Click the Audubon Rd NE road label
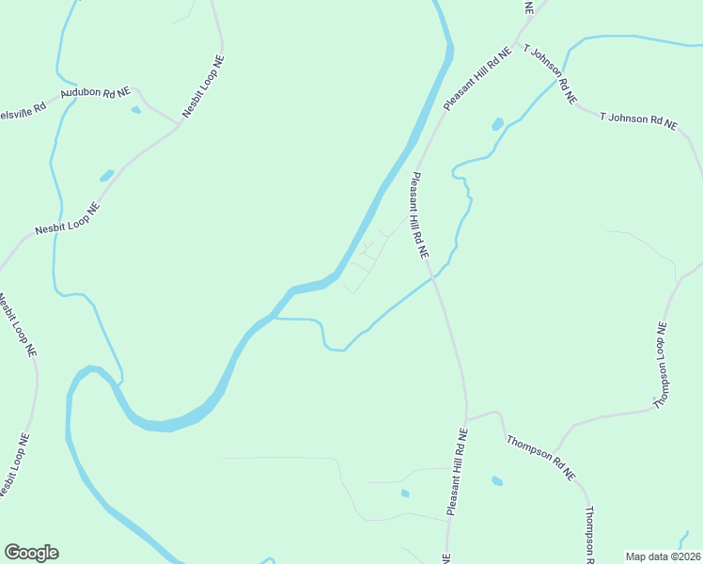(x=95, y=93)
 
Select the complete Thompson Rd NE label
(x=540, y=458)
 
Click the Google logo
(x=31, y=553)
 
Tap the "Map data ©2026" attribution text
(x=663, y=556)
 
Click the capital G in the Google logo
(x=12, y=553)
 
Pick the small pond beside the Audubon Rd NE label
(x=136, y=110)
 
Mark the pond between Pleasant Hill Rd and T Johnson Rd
(x=497, y=123)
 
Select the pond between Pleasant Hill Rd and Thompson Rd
(x=496, y=481)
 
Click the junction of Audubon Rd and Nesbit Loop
(x=179, y=122)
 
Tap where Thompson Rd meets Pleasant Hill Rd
(x=467, y=418)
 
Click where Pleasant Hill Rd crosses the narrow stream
(x=432, y=276)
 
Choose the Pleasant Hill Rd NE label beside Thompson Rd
(x=457, y=472)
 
